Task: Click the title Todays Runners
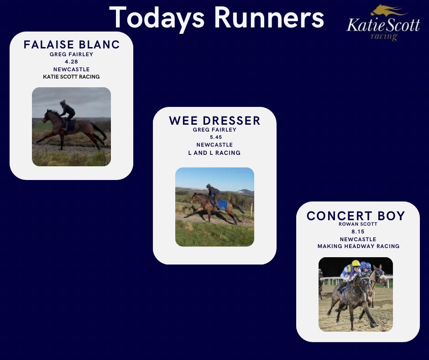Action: tap(217, 18)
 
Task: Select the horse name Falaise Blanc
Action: tap(71, 45)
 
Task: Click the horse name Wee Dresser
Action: tap(214, 121)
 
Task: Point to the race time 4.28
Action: tap(71, 62)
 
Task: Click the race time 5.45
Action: tap(214, 137)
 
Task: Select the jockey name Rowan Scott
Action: tap(358, 224)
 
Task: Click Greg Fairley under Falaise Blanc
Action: tap(71, 54)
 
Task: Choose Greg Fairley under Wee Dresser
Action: tap(214, 129)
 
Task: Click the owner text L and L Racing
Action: tap(214, 153)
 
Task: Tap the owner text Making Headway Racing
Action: tap(358, 246)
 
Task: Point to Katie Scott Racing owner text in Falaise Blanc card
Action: tap(71, 77)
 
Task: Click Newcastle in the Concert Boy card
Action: tap(358, 239)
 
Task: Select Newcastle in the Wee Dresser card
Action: tap(214, 145)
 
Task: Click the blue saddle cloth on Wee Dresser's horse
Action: tap(222, 205)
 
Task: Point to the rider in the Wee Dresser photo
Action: tap(213, 194)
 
